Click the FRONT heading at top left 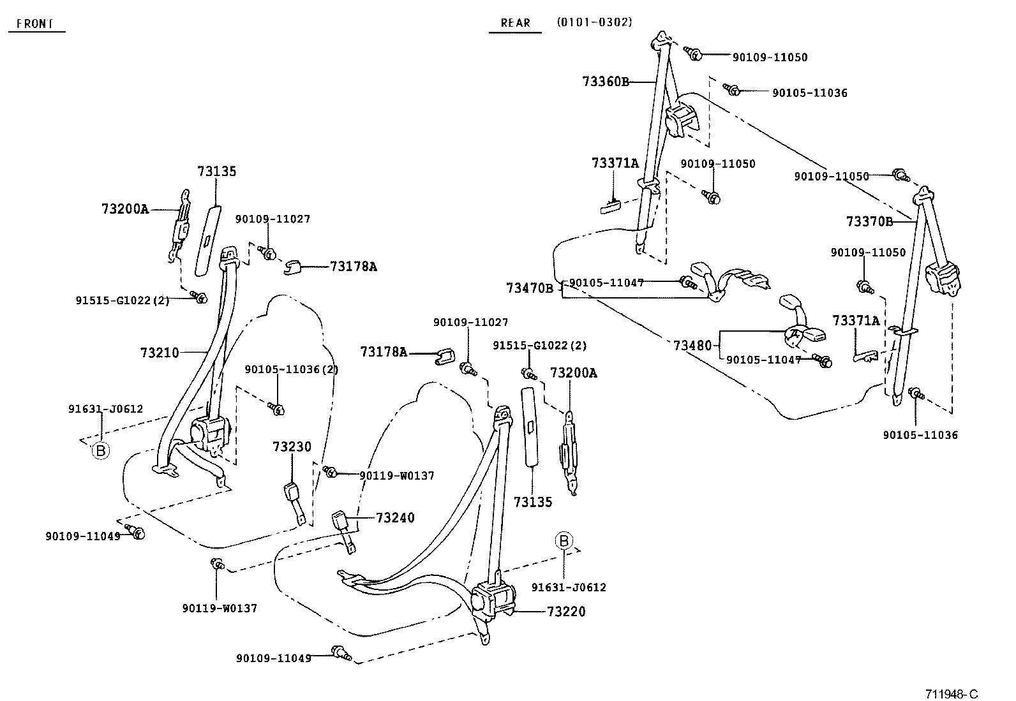[x=35, y=24]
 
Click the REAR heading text [x=515, y=23]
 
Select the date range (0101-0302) [x=594, y=22]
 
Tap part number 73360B [x=606, y=82]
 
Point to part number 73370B [x=869, y=221]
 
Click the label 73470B [x=530, y=288]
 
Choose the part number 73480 [x=692, y=346]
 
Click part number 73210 [x=160, y=352]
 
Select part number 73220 [x=566, y=612]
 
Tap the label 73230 [x=292, y=446]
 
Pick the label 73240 [x=395, y=518]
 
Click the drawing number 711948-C [x=952, y=694]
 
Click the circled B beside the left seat [x=100, y=451]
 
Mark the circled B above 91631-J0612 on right [x=564, y=541]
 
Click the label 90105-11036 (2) [x=292, y=369]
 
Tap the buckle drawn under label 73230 [x=295, y=501]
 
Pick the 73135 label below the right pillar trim [x=533, y=502]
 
